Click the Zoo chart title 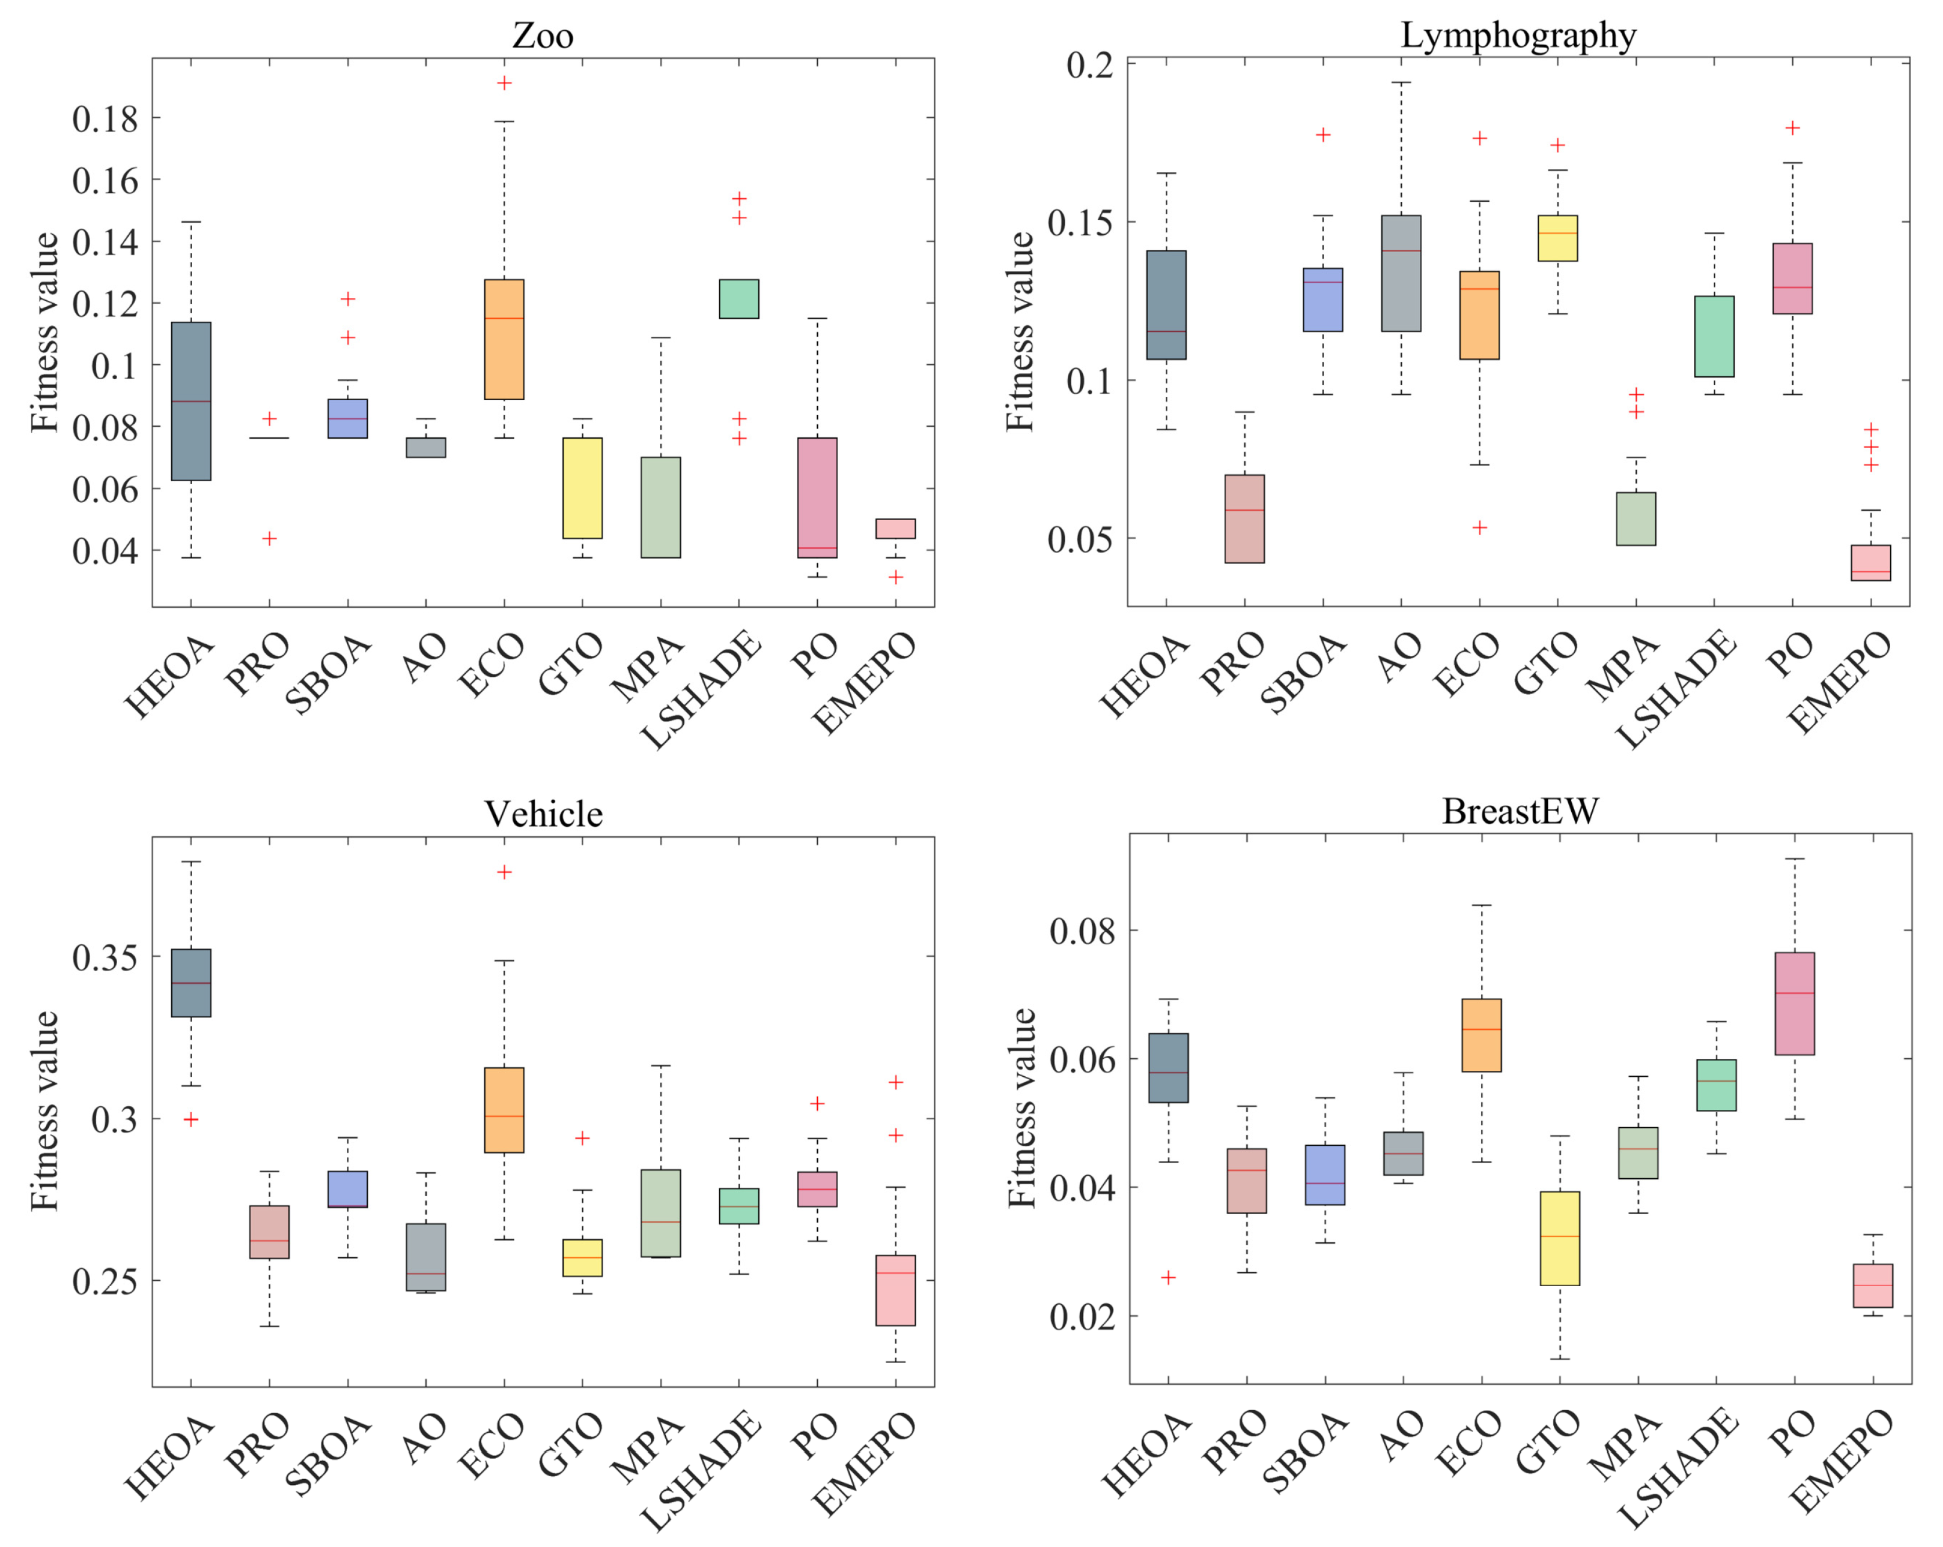point(542,35)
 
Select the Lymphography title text point(1518,35)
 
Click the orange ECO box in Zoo point(504,339)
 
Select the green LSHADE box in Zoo point(739,298)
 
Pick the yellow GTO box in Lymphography point(1557,238)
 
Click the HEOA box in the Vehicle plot point(191,983)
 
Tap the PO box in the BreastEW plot point(1795,1003)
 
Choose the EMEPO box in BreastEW point(1873,1285)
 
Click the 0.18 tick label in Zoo point(106,119)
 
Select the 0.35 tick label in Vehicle point(106,957)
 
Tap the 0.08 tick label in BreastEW point(1082,930)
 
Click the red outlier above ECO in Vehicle point(505,872)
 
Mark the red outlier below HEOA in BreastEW point(1168,1277)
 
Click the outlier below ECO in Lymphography point(1480,527)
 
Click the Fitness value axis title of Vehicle point(45,1111)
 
